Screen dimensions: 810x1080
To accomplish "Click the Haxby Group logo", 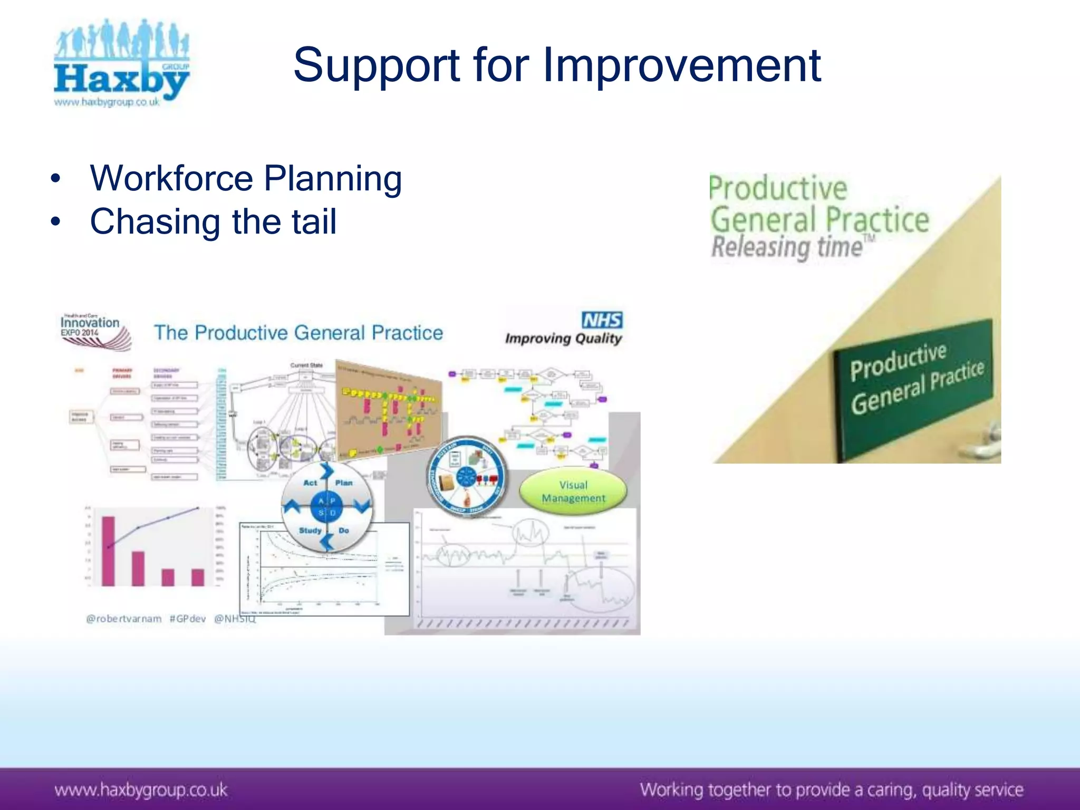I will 121,63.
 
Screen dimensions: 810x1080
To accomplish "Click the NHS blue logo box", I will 602,320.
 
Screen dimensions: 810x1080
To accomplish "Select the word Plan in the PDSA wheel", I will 344,483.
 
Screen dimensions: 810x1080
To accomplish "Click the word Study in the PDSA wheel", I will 310,530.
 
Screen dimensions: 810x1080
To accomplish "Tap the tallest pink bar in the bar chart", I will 108,551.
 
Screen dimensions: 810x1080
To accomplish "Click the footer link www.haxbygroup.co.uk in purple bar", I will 141,790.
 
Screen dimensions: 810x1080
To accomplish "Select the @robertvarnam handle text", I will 124,619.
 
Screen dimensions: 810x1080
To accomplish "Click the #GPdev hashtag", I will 188,619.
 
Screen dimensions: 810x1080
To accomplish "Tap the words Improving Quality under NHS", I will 563,338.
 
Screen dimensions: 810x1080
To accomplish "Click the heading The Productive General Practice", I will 298,333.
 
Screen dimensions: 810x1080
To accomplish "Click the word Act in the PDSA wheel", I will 310,483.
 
